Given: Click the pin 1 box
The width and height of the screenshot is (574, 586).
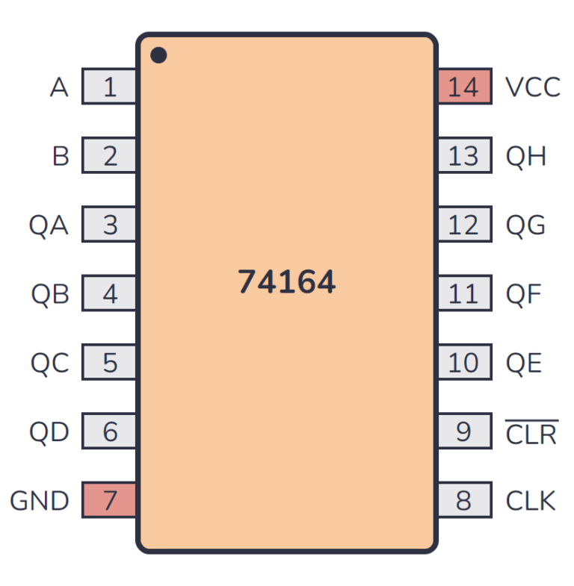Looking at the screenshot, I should (x=109, y=87).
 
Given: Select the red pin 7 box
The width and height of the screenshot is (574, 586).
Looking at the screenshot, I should (x=109, y=499).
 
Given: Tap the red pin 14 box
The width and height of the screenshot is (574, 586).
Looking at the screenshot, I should (x=463, y=87).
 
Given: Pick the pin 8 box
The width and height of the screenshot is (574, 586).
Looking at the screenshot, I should (x=463, y=499).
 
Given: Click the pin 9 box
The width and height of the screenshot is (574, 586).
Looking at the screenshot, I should (x=463, y=431).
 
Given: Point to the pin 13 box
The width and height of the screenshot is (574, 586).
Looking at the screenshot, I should (x=463, y=156).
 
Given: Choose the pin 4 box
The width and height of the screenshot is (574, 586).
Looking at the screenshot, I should (x=109, y=293).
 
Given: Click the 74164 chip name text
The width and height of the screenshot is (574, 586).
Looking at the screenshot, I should (x=287, y=282).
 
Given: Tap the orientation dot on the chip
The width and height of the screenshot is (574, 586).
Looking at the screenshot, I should (x=158, y=55).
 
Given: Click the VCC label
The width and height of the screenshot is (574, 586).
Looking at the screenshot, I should (x=532, y=87).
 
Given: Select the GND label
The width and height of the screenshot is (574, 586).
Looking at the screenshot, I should (x=40, y=500).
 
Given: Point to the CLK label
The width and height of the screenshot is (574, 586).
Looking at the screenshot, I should (x=531, y=500).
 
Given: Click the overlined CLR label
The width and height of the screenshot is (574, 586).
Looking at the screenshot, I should (x=531, y=433).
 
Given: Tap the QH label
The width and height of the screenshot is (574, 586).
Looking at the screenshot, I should (x=526, y=156).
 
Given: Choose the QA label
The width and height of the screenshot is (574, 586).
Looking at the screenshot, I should (x=49, y=225).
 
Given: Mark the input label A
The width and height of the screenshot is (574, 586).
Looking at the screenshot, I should (x=59, y=87).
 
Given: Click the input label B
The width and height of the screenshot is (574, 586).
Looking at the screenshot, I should (x=61, y=156).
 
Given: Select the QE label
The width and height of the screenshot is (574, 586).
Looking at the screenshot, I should (x=524, y=363).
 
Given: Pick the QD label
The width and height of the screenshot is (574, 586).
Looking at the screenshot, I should (x=49, y=431).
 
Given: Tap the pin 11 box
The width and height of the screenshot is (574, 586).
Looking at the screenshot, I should (x=463, y=293).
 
